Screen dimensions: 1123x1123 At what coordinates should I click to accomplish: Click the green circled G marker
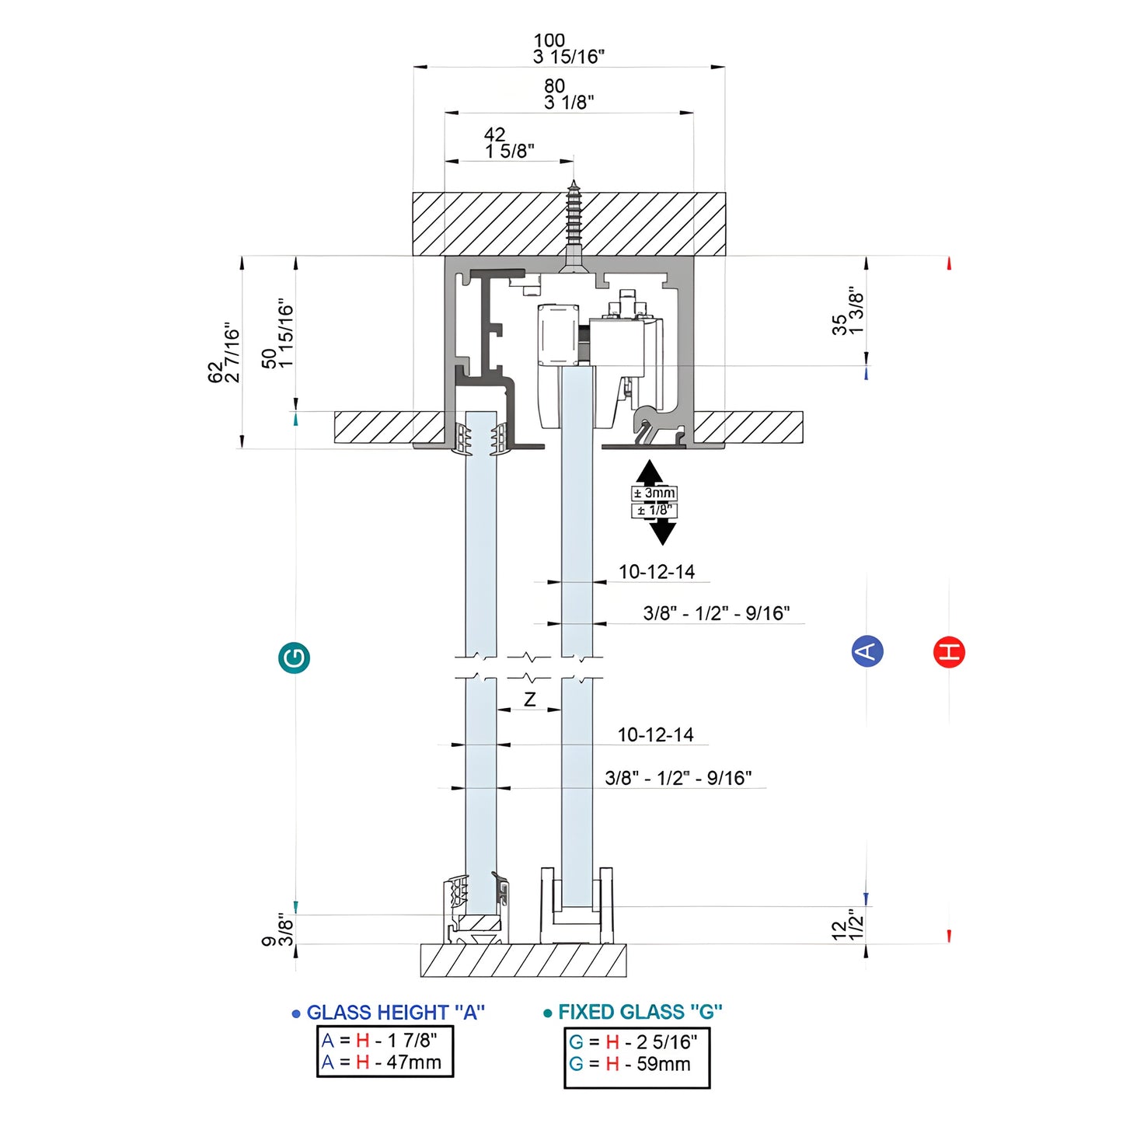coord(295,658)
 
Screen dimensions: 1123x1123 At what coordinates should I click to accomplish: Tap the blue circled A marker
coord(867,651)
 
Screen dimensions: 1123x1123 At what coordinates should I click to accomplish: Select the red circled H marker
coord(949,651)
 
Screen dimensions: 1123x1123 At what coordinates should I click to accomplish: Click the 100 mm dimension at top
coord(549,40)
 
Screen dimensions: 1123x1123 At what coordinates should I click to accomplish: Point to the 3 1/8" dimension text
coord(569,103)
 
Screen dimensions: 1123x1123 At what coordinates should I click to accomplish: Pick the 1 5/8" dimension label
coord(510,152)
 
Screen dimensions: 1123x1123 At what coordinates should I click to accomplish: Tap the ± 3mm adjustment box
coord(654,493)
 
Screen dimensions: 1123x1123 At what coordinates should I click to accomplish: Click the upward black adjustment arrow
coord(650,472)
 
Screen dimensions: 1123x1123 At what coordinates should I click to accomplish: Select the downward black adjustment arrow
coord(662,532)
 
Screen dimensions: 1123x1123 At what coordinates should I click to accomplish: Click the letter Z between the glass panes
coord(529,699)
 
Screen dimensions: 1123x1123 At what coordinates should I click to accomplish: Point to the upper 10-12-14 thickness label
coord(657,572)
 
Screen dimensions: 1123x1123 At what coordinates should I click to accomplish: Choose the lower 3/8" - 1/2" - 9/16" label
coord(678,778)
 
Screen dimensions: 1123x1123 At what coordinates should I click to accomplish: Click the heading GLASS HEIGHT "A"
coord(395,1013)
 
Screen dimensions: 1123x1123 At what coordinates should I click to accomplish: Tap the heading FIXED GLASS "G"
coord(640,1012)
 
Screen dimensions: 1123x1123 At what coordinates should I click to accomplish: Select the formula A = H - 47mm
coord(382,1062)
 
